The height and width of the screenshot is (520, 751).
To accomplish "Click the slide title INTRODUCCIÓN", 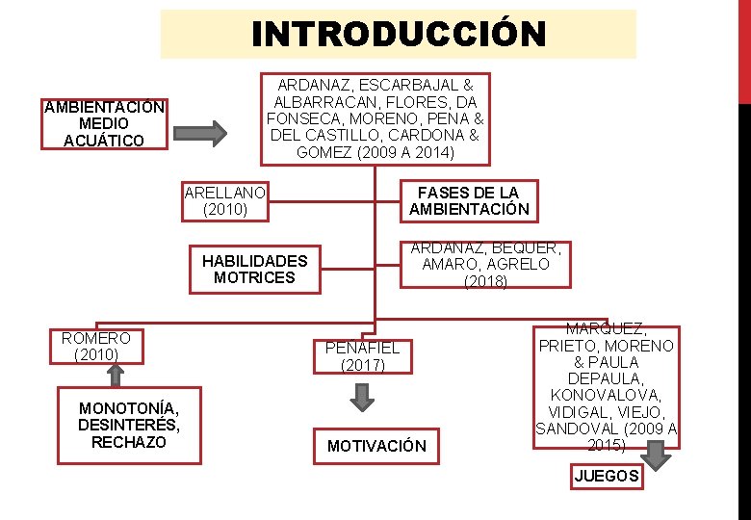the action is click(x=398, y=35).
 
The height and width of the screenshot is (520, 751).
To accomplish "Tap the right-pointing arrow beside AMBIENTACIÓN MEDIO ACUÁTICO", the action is click(x=203, y=131).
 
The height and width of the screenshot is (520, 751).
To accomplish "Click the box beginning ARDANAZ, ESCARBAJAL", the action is click(x=375, y=118).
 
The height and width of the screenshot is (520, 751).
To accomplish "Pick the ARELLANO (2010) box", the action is click(x=225, y=200).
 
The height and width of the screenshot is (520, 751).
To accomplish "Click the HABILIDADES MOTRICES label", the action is click(x=254, y=269).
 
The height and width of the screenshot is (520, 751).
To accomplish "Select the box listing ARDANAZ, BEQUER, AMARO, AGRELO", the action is click(x=485, y=264).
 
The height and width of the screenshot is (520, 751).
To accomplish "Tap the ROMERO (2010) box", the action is click(x=96, y=347).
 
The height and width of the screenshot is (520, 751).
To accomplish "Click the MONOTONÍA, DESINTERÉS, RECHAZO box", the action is click(x=129, y=426).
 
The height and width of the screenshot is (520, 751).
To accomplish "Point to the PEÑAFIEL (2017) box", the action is click(x=362, y=356).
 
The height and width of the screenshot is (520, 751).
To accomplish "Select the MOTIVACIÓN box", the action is click(x=375, y=446).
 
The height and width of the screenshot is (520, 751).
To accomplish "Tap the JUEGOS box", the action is click(x=606, y=476).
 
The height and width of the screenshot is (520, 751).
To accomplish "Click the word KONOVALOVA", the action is click(x=607, y=396).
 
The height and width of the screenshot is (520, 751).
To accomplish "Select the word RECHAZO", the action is click(x=129, y=442).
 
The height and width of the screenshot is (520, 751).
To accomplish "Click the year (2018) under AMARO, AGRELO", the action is click(x=486, y=281).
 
